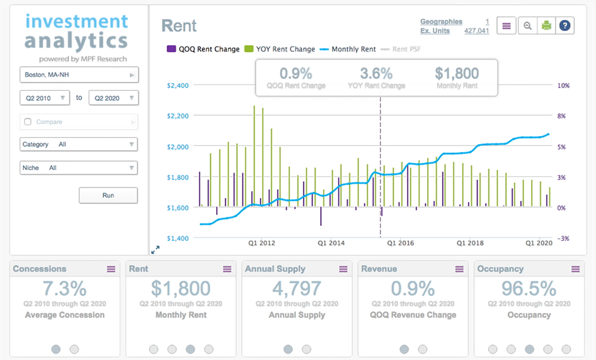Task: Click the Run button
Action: [x=108, y=196]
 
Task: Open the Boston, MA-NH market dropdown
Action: [x=79, y=75]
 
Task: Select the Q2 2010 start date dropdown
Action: [x=44, y=98]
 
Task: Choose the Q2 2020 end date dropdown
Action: [x=114, y=98]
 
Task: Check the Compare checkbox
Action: [x=27, y=122]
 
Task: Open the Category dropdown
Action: [x=79, y=145]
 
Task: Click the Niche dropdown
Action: [x=79, y=168]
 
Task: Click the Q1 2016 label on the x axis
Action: [x=400, y=243]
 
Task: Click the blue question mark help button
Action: [x=565, y=25]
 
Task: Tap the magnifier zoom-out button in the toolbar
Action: [x=526, y=25]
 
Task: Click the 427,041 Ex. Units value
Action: [x=476, y=30]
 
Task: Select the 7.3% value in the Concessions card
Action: [x=65, y=289]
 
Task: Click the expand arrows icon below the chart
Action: [x=155, y=250]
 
